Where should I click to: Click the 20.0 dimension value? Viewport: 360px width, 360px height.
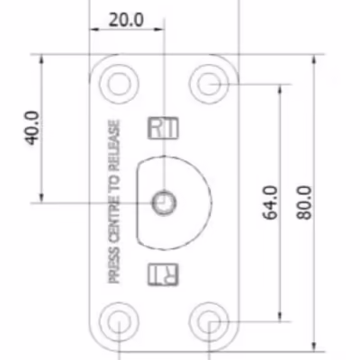coord(126,20)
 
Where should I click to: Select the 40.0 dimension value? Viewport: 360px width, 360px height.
coord(32,128)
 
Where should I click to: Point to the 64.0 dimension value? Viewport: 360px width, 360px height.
coord(270,202)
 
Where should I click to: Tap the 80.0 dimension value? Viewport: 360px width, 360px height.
coord(304,202)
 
